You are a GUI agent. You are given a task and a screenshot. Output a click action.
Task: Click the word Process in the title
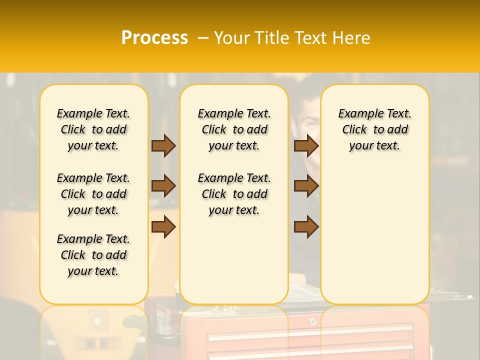[x=154, y=38]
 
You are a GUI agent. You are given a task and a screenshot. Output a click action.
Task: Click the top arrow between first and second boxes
[x=163, y=145]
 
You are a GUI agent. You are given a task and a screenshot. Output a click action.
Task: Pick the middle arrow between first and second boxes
[x=163, y=186]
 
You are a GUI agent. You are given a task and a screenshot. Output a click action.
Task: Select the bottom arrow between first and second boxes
[x=163, y=226]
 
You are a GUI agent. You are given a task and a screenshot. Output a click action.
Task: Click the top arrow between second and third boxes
[x=306, y=145]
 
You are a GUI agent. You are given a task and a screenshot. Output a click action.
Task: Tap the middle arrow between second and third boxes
[x=306, y=186]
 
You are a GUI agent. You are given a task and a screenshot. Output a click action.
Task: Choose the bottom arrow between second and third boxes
[x=306, y=226]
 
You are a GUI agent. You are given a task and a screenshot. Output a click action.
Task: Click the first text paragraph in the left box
[x=93, y=129]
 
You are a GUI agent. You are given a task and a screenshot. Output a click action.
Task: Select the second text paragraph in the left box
[x=93, y=194]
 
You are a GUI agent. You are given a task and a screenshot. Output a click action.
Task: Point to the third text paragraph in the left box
[x=93, y=255]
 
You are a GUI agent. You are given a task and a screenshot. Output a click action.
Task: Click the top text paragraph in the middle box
[x=234, y=129]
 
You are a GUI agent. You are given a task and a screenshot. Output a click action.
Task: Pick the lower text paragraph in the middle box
[x=234, y=194]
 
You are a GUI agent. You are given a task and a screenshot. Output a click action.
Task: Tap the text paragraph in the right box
[x=374, y=129]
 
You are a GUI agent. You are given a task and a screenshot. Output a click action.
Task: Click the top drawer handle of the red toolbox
[x=310, y=333]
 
